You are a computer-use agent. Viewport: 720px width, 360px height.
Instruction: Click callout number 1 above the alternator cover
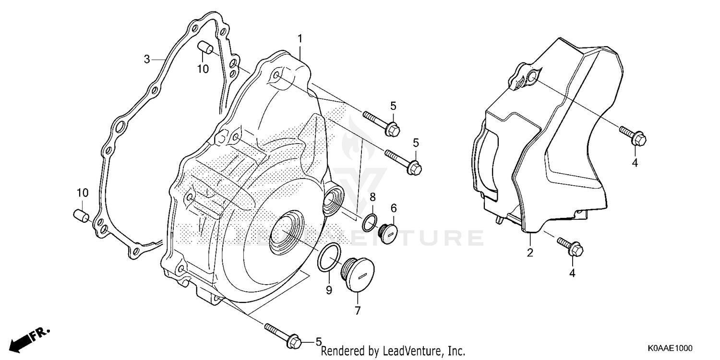coord(300,38)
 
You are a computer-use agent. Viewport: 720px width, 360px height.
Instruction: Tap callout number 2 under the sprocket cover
coord(530,252)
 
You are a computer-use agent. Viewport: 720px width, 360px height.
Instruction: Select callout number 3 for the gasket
coord(147,60)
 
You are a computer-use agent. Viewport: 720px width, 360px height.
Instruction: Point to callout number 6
coord(394,208)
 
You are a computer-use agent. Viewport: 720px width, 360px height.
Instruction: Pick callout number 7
coord(358,311)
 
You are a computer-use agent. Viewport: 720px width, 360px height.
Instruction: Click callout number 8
coord(372,197)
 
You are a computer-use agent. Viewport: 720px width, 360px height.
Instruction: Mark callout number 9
coord(329,290)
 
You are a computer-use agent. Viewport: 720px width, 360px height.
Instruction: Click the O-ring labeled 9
coord(329,257)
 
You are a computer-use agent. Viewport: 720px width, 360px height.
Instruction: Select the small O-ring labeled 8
coord(370,221)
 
